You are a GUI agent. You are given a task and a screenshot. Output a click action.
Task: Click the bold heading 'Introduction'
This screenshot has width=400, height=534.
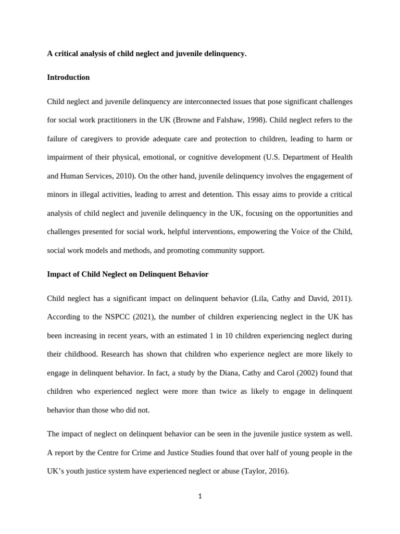coord(68,77)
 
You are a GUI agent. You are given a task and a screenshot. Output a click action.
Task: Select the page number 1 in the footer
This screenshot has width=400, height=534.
coord(200,496)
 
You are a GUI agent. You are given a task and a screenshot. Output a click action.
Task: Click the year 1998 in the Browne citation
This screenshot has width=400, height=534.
coord(256,120)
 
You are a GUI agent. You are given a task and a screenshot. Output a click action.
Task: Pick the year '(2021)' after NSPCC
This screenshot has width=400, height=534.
coord(129,317)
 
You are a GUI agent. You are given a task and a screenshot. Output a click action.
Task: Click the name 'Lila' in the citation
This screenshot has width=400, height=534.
coord(259,298)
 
